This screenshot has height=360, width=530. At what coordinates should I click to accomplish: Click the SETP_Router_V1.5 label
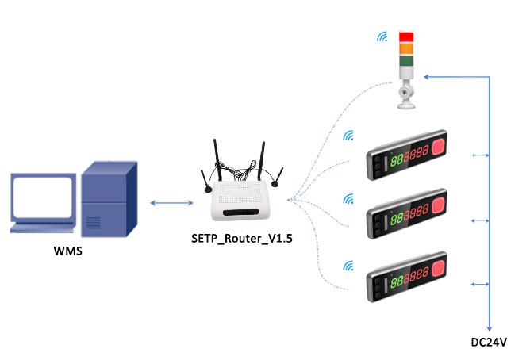pos(237,237)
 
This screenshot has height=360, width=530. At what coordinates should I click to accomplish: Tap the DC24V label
pos(488,341)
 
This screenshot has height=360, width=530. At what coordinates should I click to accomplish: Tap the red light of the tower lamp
pos(405,36)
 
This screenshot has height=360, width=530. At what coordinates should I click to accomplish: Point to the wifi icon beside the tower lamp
pos(382,37)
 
